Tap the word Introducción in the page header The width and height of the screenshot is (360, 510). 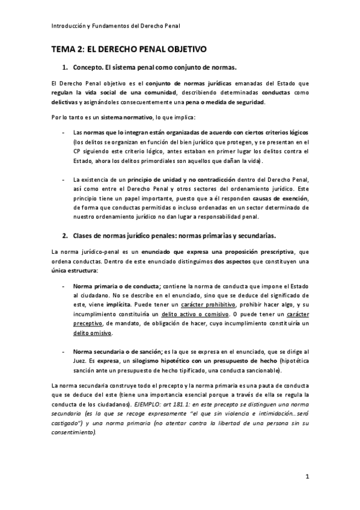point(69,26)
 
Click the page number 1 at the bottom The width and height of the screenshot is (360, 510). point(307,478)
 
